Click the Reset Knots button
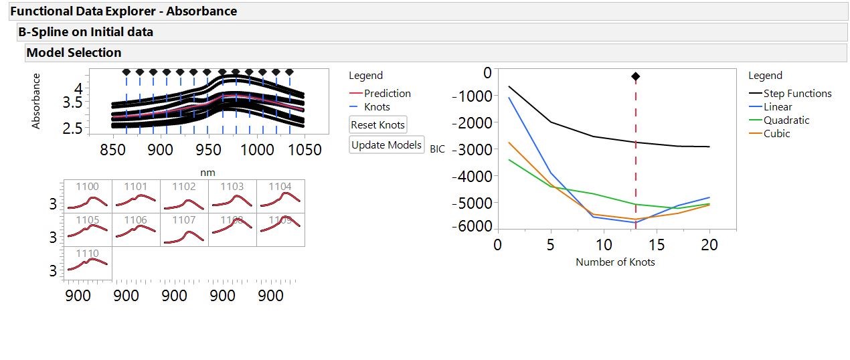click(x=378, y=125)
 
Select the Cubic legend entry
click(x=776, y=134)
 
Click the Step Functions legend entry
click(x=797, y=94)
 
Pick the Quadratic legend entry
click(x=786, y=120)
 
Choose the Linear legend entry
click(x=777, y=107)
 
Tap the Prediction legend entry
click(x=387, y=94)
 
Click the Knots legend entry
click(x=376, y=107)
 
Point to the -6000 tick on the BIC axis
click(x=473, y=226)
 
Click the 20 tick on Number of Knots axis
click(x=709, y=245)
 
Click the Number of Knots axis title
click(x=615, y=262)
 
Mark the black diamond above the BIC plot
click(x=635, y=77)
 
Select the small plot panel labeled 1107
click(x=184, y=230)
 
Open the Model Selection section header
click(x=74, y=53)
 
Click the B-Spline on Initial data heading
click(x=86, y=32)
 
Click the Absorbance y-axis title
click(x=36, y=101)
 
